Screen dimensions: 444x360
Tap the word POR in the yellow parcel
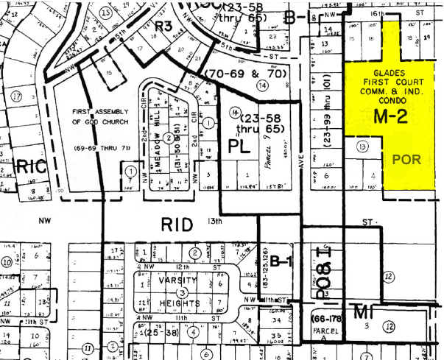(x=406, y=158)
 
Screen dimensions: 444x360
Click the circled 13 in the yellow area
(x=362, y=147)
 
